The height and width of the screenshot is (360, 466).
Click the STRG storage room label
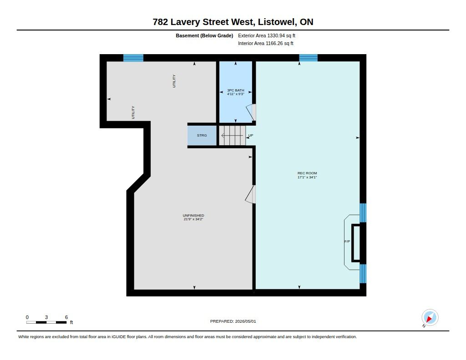202,136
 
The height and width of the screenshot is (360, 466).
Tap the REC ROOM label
307,173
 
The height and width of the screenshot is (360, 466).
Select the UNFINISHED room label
193,216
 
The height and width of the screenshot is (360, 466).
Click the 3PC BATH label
236,91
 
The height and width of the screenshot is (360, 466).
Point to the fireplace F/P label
347,241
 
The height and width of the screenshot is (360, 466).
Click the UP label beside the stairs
251,136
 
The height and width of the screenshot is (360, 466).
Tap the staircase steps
233,136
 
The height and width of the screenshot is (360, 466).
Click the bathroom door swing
251,112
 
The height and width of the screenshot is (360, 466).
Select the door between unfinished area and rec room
250,194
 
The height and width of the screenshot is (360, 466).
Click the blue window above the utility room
133,58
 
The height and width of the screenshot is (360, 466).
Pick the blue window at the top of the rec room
308,58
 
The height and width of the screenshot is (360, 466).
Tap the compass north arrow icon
430,318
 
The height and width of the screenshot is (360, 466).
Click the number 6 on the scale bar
66,317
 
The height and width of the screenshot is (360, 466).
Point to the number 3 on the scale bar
46,317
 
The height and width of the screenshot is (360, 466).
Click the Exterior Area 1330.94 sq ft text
267,35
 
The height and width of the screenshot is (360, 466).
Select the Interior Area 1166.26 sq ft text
266,43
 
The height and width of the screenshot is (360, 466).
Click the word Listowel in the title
275,22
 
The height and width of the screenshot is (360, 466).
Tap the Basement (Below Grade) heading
204,35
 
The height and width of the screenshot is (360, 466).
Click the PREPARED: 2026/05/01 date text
233,321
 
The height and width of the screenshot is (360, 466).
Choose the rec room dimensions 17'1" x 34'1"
307,177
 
